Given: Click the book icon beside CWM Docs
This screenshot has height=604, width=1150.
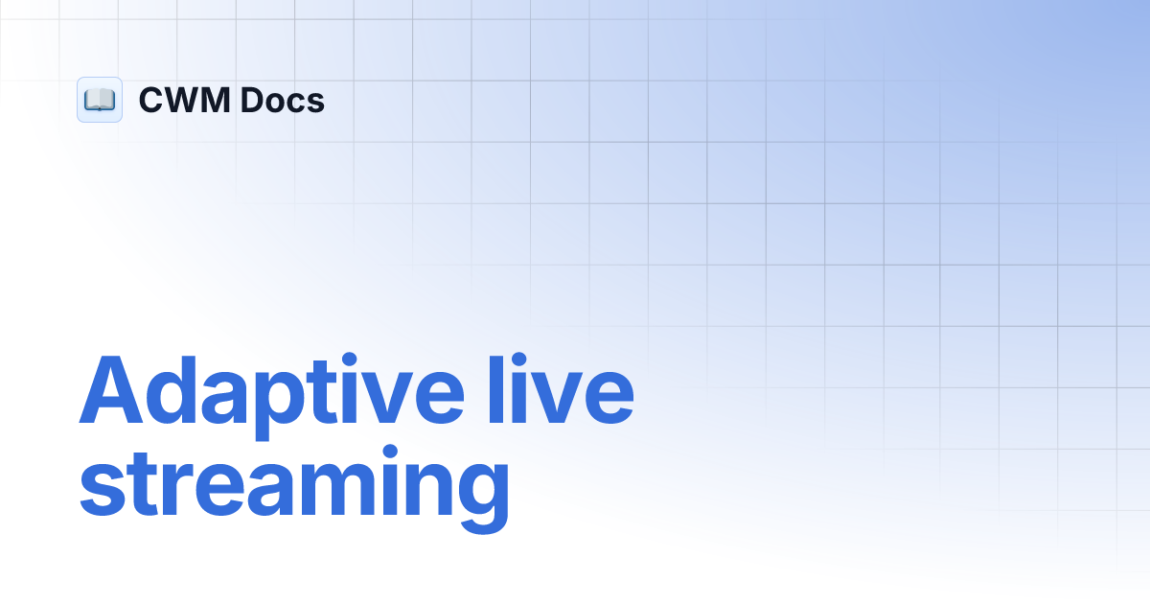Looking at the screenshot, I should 100,100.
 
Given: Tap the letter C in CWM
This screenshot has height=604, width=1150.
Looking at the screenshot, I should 153,101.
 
